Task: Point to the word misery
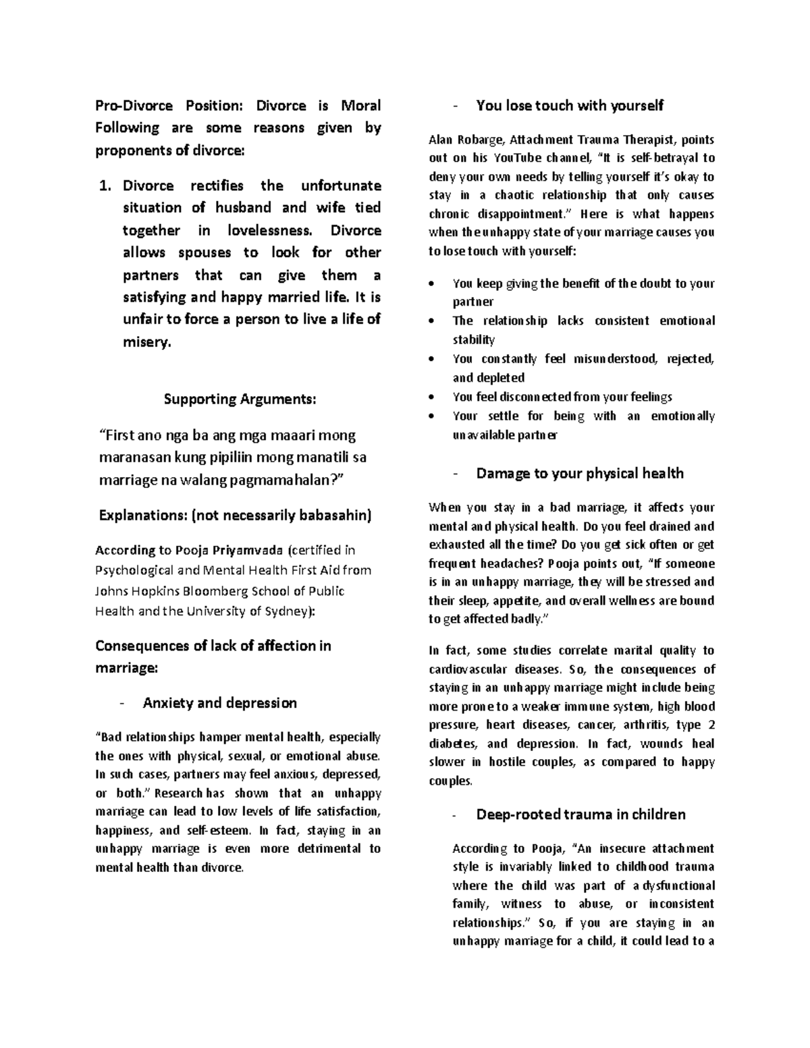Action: [146, 342]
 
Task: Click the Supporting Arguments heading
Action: [239, 399]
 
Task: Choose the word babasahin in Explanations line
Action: [338, 516]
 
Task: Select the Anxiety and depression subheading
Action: [219, 703]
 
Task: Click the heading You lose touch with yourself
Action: [570, 106]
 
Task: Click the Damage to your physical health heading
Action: [580, 474]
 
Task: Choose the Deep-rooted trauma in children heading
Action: [580, 815]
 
